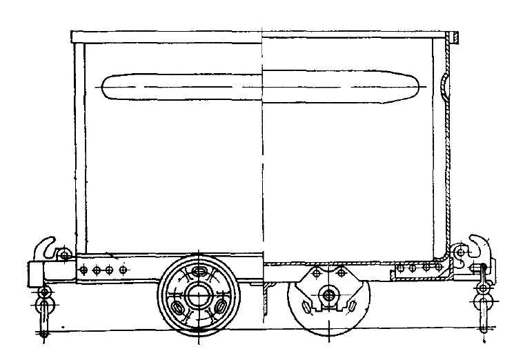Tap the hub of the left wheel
pos(199,295)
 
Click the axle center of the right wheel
pos(328,296)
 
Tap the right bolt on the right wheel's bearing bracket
pos(340,274)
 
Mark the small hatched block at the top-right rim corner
pos(455,36)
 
